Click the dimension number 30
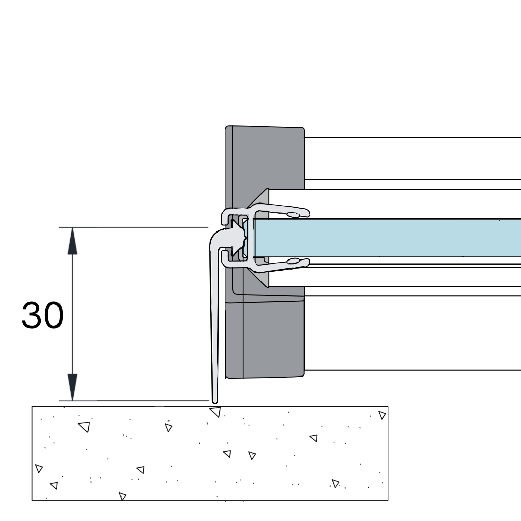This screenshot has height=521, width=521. click(x=43, y=315)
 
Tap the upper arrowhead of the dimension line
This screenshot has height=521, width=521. click(x=72, y=241)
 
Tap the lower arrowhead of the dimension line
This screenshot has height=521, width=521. click(x=72, y=387)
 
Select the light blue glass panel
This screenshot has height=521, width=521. click(x=387, y=238)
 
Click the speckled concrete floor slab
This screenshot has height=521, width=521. click(x=210, y=453)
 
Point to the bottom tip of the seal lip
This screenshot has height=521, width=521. click(x=215, y=403)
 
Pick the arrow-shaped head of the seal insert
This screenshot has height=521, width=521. click(x=238, y=238)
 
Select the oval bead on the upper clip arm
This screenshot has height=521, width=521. click(x=293, y=214)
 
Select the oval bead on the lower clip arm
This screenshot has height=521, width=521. click(x=293, y=261)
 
